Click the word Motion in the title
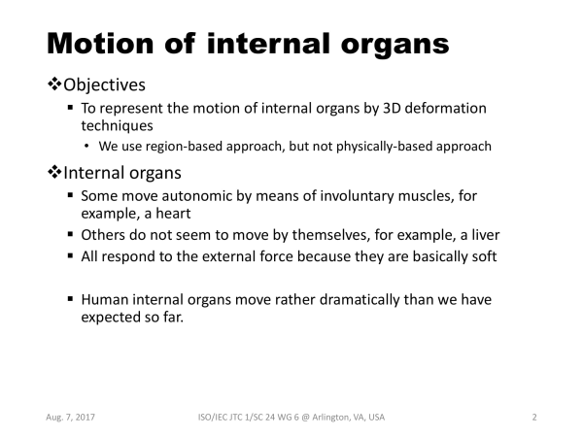coord(100,44)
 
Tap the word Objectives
coord(105,85)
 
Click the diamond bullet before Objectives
coord(54,84)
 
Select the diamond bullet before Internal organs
coord(54,172)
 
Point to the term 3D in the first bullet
coord(392,108)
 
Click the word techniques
coord(118,126)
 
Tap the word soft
coord(485,256)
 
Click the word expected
coord(106,318)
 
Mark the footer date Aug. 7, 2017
coord(70,418)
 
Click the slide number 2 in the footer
coord(534,418)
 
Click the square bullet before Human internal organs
coord(71,298)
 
